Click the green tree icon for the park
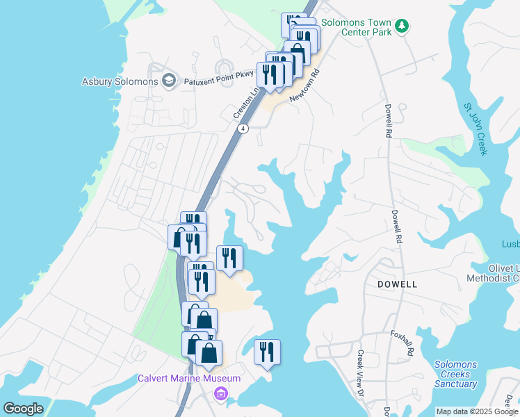point(401,26)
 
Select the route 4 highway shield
point(243,129)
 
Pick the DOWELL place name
point(397,284)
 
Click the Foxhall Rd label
point(401,343)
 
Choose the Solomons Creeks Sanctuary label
point(456,374)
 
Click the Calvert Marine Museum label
point(188,378)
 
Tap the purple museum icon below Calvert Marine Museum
point(221,394)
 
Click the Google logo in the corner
point(23,408)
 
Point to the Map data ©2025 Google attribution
point(477,411)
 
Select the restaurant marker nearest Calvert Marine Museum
point(266,352)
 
